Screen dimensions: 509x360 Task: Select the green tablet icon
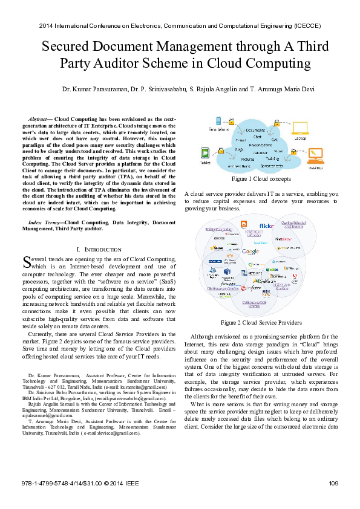coord(205,153)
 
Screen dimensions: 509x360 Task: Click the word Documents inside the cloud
coord(255,130)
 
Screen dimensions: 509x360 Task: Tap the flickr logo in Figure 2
coord(266,225)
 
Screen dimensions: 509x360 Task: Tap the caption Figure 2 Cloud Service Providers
coord(261,322)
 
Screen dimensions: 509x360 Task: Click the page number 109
coord(332,482)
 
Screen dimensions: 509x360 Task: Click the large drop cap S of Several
coord(26,262)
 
